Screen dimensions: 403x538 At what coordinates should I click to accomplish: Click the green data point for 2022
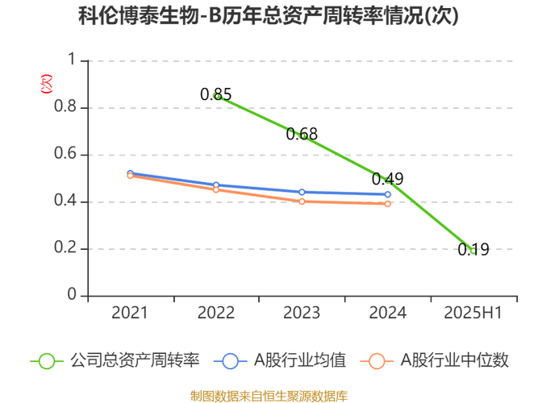[216, 96]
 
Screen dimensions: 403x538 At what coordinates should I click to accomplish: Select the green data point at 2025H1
[474, 251]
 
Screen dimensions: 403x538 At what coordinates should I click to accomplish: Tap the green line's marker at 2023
[303, 136]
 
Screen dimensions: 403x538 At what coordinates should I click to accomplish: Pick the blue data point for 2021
[130, 173]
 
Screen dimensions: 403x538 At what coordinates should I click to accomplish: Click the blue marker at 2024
[389, 194]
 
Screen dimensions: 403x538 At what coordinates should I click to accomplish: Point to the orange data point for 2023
[302, 202]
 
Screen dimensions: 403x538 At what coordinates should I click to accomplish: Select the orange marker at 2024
[389, 205]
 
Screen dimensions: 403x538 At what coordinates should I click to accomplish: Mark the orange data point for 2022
[216, 191]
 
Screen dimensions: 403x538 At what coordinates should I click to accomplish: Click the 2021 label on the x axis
[129, 312]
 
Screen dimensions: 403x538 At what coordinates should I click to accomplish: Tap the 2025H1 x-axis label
[474, 312]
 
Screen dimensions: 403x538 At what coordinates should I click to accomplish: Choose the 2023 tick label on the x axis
[302, 312]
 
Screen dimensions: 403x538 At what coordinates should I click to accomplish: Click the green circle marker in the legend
[47, 361]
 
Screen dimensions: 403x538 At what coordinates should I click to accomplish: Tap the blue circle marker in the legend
[231, 361]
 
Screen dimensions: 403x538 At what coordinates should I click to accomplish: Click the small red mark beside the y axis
[46, 80]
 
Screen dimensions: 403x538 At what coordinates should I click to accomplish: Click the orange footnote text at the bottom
[269, 395]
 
